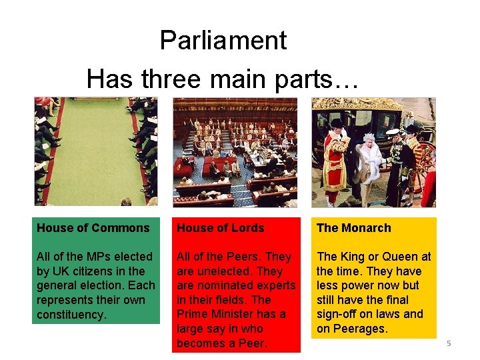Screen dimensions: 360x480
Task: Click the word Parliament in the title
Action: click(x=223, y=41)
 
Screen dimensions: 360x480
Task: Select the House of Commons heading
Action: click(x=93, y=228)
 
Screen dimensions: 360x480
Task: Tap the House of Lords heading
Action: click(x=220, y=228)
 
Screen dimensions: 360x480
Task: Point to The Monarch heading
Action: click(x=353, y=228)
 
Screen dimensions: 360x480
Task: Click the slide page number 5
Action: click(x=449, y=343)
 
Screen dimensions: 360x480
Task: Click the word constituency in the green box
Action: click(x=71, y=314)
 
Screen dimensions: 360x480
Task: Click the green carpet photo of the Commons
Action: click(x=95, y=152)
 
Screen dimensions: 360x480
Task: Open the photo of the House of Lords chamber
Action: click(x=235, y=152)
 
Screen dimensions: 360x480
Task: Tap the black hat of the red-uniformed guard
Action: click(x=336, y=124)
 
